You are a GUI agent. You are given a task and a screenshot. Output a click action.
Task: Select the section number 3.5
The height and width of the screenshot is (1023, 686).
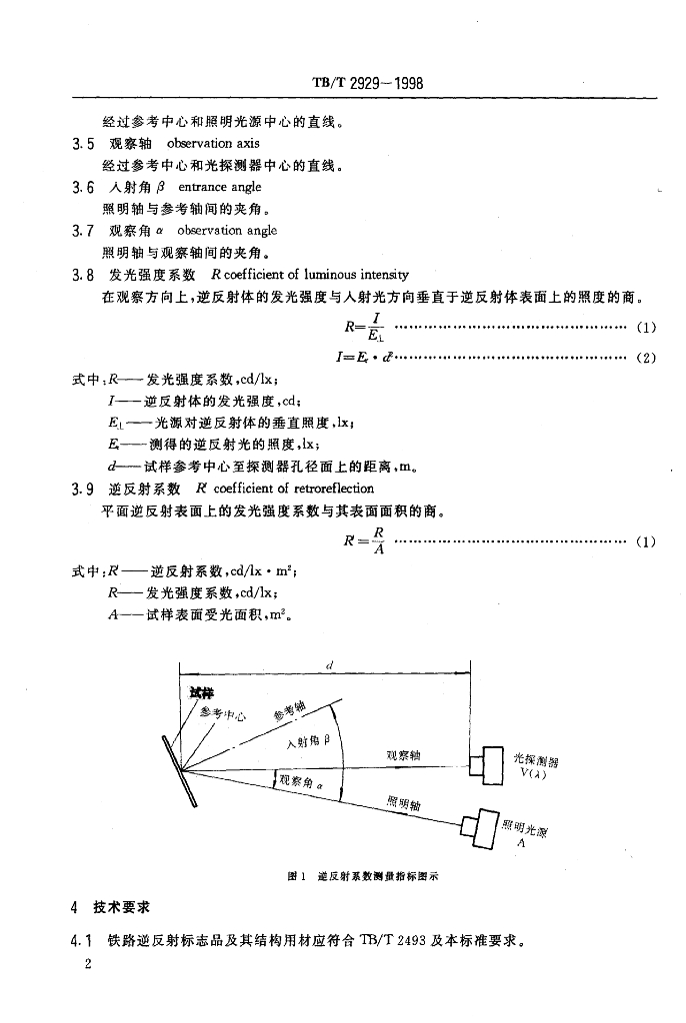[83, 144]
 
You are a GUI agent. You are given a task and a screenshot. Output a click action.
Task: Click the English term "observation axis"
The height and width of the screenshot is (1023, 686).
[213, 144]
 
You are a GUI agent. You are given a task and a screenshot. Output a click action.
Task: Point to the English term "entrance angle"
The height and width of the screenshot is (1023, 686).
[219, 187]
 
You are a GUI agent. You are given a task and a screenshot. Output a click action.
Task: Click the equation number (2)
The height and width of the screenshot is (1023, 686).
[645, 358]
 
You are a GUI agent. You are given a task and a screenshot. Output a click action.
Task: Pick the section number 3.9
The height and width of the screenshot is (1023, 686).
[83, 489]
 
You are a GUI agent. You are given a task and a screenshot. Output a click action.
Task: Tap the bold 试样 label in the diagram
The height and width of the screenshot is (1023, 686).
[201, 691]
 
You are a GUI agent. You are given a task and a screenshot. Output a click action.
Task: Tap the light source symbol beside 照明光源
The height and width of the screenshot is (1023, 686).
[480, 825]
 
